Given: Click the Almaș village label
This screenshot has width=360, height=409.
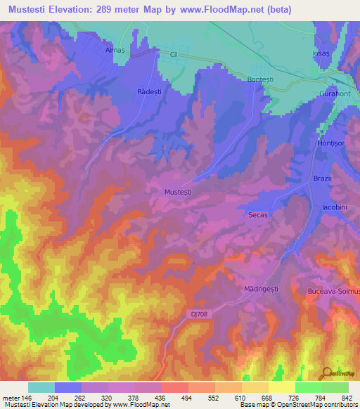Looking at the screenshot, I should click(x=114, y=51).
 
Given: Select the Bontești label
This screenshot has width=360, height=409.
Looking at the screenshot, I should click(x=261, y=80).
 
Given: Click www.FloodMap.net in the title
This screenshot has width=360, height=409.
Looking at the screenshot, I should click(x=224, y=10).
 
